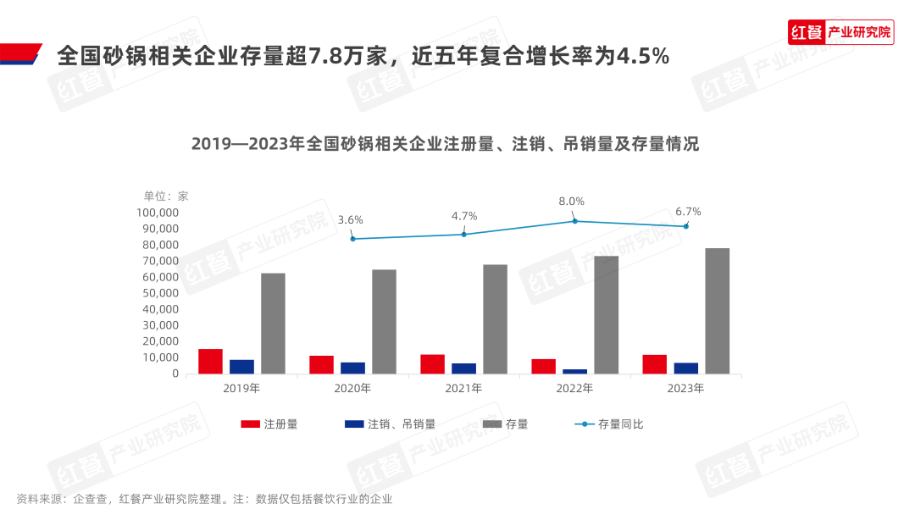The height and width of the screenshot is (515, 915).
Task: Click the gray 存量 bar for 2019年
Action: [273, 323]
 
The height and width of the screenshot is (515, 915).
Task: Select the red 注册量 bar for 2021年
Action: [432, 363]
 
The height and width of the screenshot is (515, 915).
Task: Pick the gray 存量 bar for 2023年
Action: [717, 311]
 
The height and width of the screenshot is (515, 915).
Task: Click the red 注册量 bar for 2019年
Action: [210, 361]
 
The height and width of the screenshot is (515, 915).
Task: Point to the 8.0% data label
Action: [571, 202]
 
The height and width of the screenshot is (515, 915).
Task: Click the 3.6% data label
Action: [350, 220]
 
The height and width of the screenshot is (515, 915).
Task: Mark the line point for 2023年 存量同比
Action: [686, 226]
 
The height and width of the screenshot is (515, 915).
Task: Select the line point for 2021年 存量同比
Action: [463, 235]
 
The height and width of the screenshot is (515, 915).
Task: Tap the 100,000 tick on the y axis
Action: [158, 213]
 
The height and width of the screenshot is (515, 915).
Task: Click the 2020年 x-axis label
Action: [352, 388]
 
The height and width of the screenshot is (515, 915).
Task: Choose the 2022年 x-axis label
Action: [574, 388]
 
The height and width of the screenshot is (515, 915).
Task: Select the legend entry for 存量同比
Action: [609, 424]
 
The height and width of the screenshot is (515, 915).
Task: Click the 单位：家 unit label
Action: [166, 196]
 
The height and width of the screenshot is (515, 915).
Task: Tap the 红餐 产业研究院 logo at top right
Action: [840, 32]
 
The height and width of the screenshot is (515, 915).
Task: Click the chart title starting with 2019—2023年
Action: [445, 143]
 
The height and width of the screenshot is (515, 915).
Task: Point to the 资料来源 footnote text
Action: [204, 499]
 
